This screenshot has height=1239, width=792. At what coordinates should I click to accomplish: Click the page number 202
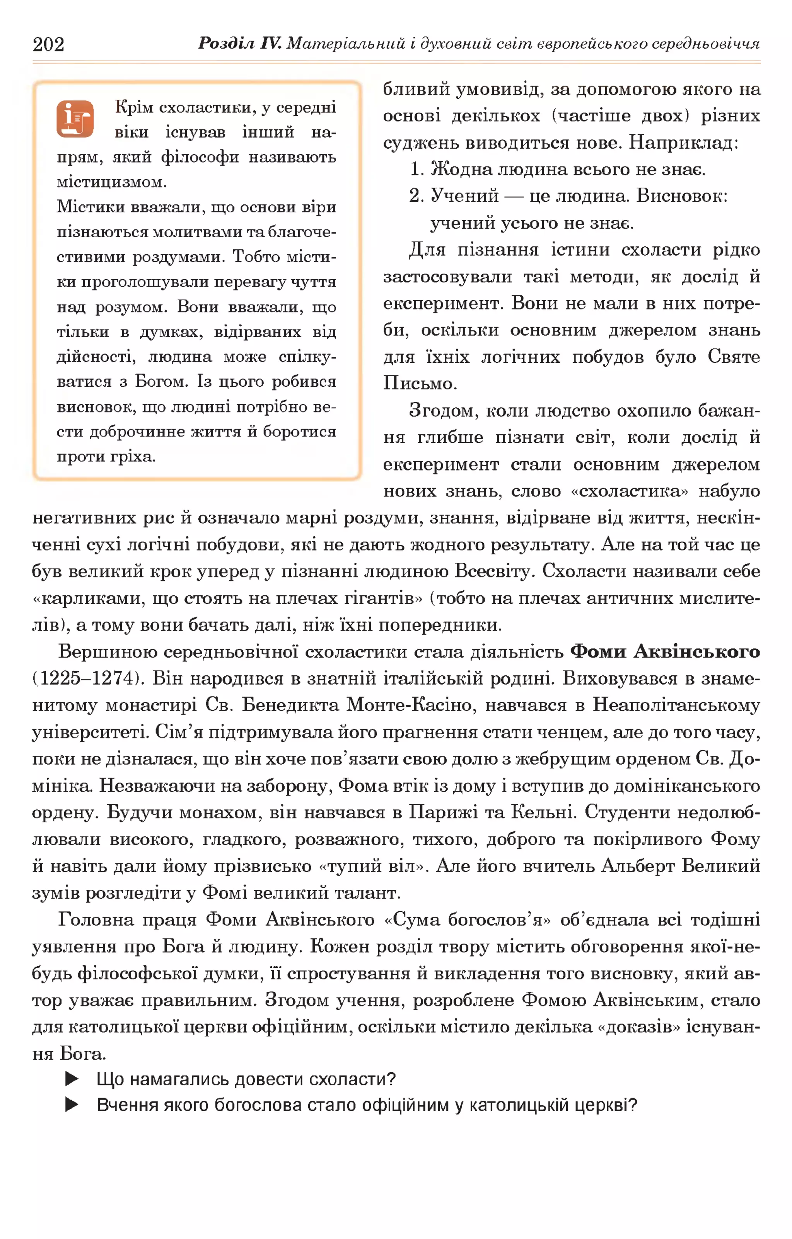(48, 45)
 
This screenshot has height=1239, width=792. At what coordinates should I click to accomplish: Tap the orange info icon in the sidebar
(75, 119)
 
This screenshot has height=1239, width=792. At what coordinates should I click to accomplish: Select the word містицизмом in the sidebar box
(112, 182)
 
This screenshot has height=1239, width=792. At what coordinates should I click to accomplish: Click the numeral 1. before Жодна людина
(416, 169)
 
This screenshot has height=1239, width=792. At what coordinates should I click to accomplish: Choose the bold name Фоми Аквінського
(665, 651)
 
